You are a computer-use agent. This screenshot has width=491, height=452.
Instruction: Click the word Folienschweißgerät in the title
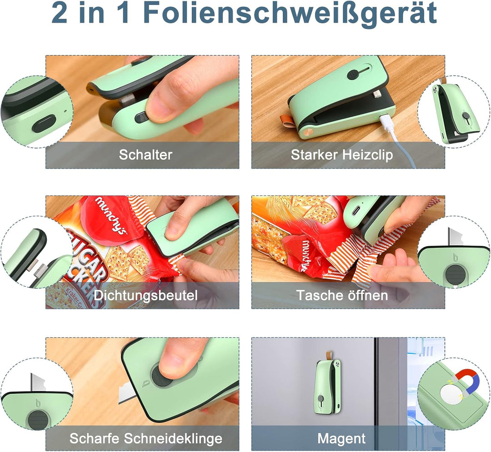click(x=289, y=15)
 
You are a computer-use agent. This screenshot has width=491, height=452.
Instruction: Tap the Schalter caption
click(x=145, y=155)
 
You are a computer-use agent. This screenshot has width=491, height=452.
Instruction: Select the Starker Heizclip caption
click(x=342, y=155)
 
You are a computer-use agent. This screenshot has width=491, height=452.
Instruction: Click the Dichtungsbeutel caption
click(x=145, y=295)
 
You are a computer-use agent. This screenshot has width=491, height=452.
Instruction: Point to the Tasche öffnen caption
click(x=342, y=295)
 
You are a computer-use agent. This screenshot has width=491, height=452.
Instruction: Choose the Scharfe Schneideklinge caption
click(x=145, y=438)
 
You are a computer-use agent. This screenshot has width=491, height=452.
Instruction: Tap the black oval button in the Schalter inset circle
click(x=44, y=123)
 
